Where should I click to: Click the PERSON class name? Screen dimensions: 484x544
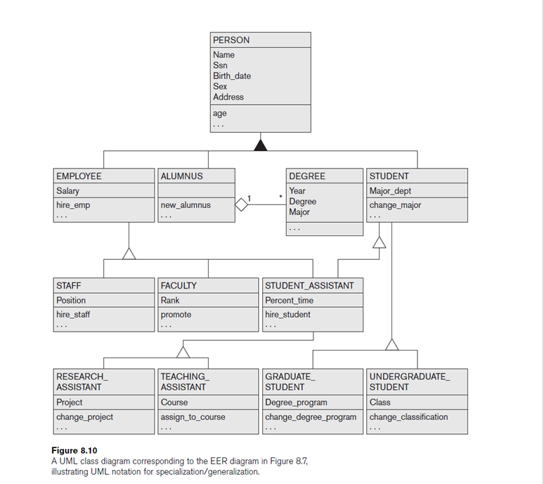tap(231, 40)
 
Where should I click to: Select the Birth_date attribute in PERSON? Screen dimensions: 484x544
tap(232, 76)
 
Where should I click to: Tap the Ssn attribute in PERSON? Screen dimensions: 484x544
tap(220, 65)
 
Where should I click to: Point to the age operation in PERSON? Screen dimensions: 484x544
tap(220, 113)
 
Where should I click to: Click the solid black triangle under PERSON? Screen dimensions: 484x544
tap(261, 145)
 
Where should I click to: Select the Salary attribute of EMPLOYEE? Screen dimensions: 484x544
tap(68, 191)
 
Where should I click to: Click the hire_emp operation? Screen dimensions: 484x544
tap(73, 205)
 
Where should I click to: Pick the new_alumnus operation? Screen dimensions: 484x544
tap(186, 205)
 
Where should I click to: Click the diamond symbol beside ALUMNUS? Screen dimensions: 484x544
tap(242, 204)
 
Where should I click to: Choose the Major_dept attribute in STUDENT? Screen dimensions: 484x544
tap(390, 191)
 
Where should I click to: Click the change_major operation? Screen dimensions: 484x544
tap(395, 205)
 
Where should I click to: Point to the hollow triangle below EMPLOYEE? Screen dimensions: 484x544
tap(129, 253)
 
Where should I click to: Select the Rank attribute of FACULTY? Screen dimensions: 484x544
tap(170, 300)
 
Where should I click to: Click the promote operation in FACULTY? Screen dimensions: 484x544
tap(176, 315)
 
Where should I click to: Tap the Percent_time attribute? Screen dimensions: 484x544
tap(289, 300)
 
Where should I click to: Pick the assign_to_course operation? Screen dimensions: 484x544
tap(193, 417)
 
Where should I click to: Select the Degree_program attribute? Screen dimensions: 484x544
tap(296, 403)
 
